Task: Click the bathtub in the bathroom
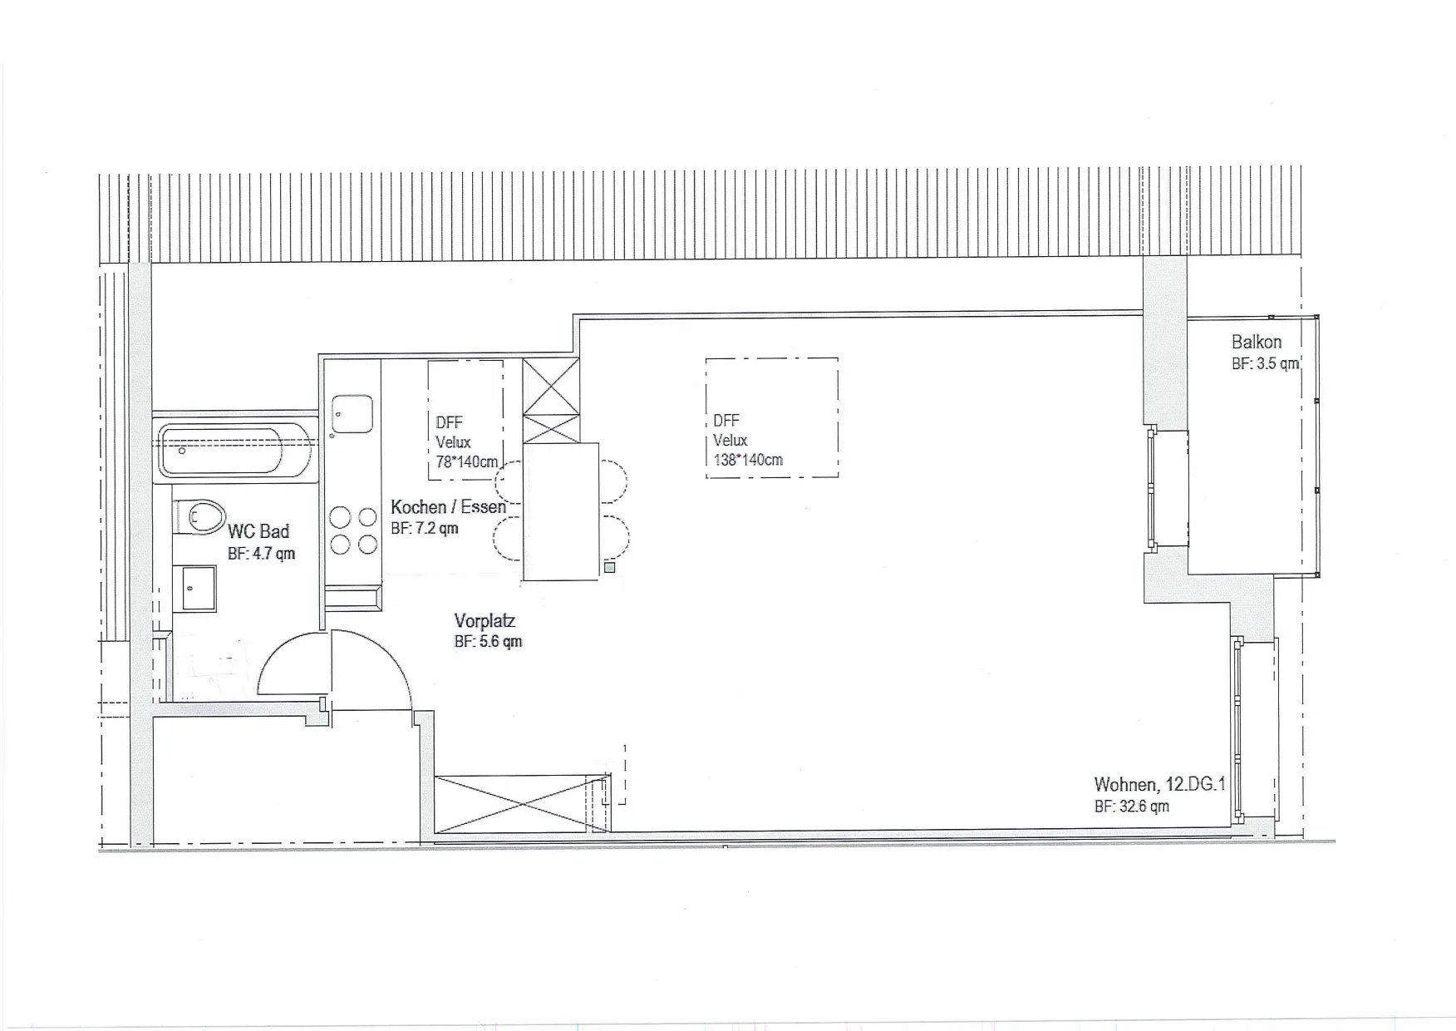pos(235,450)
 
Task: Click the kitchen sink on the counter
pos(352,414)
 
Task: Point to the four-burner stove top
pos(353,530)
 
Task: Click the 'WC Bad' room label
pos(258,531)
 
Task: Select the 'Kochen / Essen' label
pos(448,507)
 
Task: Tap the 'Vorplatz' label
pos(485,621)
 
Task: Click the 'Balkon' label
pos(1257,342)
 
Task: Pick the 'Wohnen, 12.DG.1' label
pos(1160,785)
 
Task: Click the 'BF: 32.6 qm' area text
pos(1132,807)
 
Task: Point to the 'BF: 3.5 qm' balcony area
pos(1265,364)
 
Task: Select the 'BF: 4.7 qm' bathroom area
pos(261,554)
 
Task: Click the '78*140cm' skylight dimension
pos(467,462)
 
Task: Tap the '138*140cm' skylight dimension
pos(748,460)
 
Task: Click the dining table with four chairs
pos(561,511)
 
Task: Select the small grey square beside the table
pos(609,568)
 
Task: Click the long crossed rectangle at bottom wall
pos(523,804)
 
